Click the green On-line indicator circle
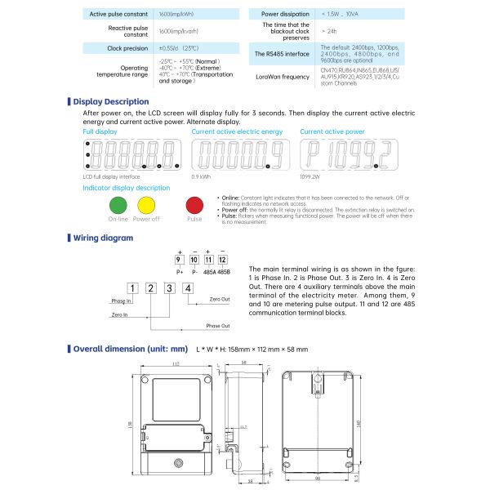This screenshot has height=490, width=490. [x=118, y=205]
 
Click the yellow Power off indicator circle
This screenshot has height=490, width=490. [x=146, y=205]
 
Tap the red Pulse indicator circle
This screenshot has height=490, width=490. [x=194, y=205]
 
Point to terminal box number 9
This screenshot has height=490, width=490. [x=178, y=259]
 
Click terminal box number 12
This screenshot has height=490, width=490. [x=222, y=259]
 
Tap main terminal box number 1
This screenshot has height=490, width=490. [x=131, y=287]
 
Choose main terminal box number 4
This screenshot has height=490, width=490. [x=188, y=287]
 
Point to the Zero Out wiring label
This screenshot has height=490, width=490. [x=219, y=300]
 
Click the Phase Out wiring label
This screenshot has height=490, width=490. [x=217, y=326]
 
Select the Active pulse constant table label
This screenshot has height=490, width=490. [x=118, y=15]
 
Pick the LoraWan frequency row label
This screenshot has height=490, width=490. [x=283, y=77]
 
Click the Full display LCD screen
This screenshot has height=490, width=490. [x=131, y=154]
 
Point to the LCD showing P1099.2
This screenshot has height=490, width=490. [x=346, y=154]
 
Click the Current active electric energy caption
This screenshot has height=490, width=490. [x=237, y=131]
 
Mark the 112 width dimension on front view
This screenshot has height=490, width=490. [x=176, y=363]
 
